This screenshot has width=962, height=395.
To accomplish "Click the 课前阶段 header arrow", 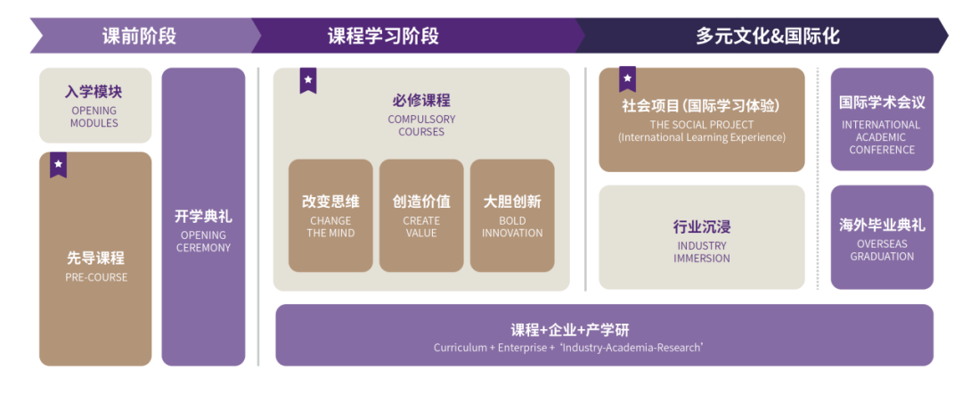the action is [141, 36].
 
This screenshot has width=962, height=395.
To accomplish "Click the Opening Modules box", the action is [95, 105].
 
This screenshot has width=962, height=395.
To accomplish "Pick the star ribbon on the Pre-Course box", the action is [58, 165].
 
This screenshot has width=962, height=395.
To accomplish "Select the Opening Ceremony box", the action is [203, 217].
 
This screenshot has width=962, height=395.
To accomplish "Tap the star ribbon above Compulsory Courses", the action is [308, 80].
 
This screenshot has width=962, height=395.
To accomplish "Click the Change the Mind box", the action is [330, 216].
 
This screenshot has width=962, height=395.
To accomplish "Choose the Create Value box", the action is [421, 216].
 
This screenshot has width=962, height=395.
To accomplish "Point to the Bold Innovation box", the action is [512, 216].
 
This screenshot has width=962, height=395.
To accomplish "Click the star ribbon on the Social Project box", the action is [627, 79].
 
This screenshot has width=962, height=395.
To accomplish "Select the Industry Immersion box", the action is [702, 237].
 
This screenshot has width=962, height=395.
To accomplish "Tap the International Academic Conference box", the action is [882, 119].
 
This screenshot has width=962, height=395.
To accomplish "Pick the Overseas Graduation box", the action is [882, 237].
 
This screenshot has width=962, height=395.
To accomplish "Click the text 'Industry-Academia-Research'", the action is [631, 348].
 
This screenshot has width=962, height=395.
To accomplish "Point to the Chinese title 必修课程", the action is [421, 101].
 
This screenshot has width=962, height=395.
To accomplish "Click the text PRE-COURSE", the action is [96, 277].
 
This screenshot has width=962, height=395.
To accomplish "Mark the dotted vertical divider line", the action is [818, 178].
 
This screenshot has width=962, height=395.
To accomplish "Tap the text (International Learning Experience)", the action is [702, 137].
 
